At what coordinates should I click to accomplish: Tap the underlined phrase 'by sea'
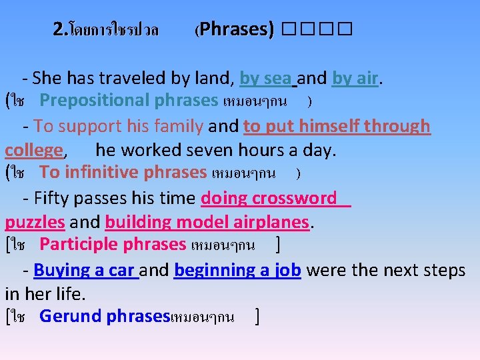(265, 78)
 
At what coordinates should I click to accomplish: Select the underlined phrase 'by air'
(355, 78)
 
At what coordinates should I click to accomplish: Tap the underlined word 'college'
(33, 150)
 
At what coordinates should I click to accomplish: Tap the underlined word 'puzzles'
(35, 221)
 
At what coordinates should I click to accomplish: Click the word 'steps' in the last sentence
(444, 270)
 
